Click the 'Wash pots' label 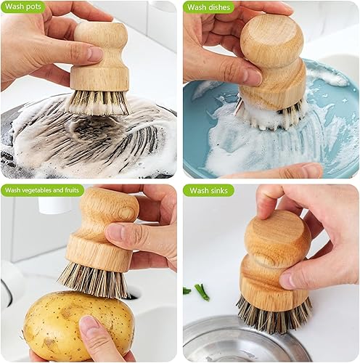[23, 7]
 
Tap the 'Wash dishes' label [208, 7]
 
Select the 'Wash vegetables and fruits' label [42, 190]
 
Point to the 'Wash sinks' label [208, 190]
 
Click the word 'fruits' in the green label [72, 190]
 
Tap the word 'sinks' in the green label [218, 190]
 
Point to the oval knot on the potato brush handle [126, 213]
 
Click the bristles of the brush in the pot [97, 102]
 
